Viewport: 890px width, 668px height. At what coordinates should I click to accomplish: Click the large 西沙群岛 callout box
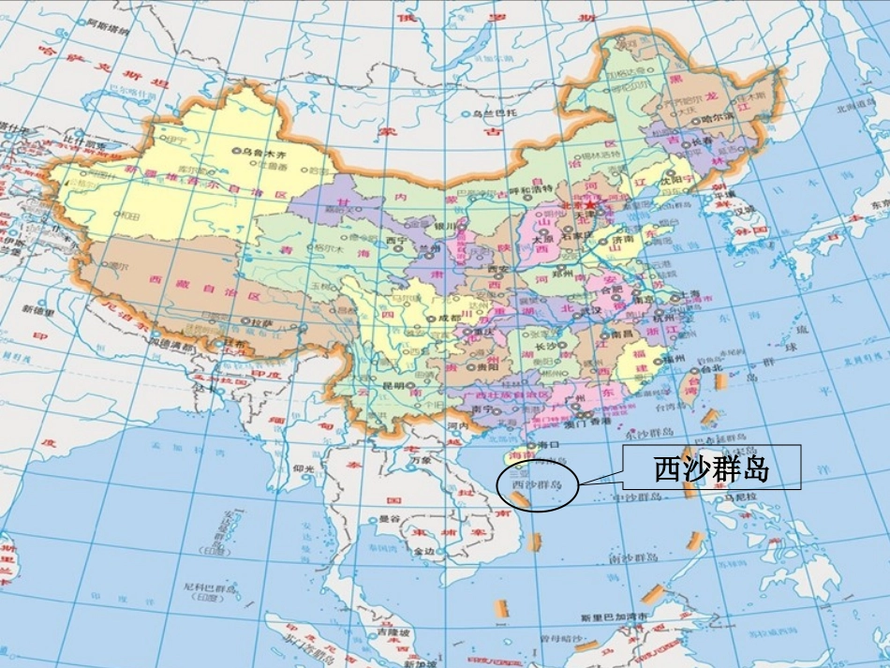(711, 468)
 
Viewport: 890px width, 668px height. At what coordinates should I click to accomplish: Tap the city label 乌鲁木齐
(261, 150)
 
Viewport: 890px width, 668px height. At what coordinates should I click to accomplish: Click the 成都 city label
(449, 319)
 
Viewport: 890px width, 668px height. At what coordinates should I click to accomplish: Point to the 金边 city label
(423, 552)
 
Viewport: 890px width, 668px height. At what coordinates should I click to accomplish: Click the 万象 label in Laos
(423, 460)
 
